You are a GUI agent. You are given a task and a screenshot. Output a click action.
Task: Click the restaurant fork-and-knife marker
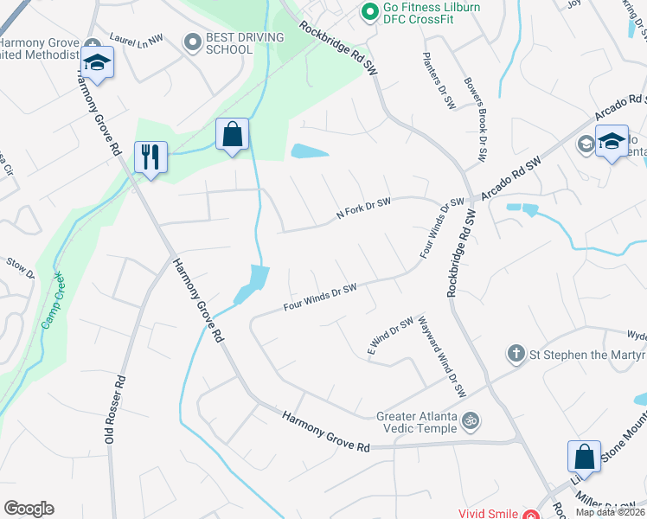pyautogui.click(x=151, y=157)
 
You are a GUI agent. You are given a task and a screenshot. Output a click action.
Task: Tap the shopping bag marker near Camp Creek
pyautogui.click(x=232, y=135)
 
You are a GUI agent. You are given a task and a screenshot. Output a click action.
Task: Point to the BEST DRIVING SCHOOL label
pyautogui.click(x=228, y=43)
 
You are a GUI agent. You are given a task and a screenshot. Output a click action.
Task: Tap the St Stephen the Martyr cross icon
pyautogui.click(x=516, y=353)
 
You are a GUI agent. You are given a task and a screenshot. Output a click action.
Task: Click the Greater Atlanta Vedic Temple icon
pyautogui.click(x=471, y=421)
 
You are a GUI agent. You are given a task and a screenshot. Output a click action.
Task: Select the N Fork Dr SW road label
pyautogui.click(x=363, y=208)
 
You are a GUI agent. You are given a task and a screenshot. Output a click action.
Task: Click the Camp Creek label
pyautogui.click(x=51, y=302)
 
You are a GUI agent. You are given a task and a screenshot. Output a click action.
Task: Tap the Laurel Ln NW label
pyautogui.click(x=136, y=38)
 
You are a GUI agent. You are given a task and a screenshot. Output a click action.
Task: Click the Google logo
pyautogui.click(x=29, y=509)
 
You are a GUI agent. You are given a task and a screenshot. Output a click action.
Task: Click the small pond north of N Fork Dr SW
pyautogui.click(x=310, y=151)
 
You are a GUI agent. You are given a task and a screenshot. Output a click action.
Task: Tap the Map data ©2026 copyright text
pyautogui.click(x=610, y=512)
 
